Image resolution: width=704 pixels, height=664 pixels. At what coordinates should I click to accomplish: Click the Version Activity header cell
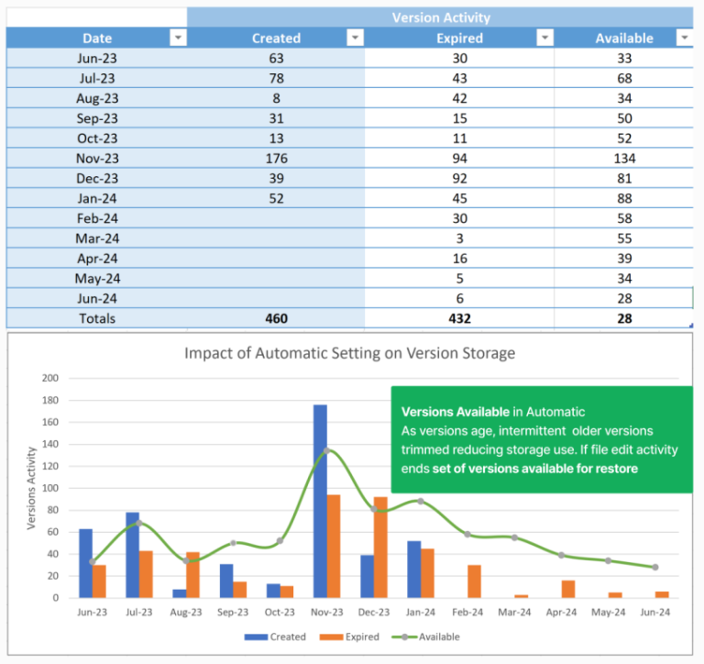pos(440,17)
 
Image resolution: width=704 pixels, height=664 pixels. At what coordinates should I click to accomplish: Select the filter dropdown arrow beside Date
pos(178,38)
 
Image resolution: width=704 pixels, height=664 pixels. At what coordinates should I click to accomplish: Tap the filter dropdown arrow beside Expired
pos(544,38)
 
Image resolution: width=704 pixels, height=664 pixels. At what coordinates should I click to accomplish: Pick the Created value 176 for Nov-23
pos(276,158)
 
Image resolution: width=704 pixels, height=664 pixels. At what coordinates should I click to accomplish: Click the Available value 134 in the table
pos(624,158)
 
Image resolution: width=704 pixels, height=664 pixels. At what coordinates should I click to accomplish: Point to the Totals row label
pos(97,318)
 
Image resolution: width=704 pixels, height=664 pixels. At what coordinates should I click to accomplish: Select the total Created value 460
pos(276,318)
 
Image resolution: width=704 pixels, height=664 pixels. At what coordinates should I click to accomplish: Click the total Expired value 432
pos(460,318)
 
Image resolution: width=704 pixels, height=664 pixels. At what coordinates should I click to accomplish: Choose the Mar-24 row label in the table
pos(97,238)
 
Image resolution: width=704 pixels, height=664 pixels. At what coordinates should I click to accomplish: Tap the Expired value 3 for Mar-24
pos(460,238)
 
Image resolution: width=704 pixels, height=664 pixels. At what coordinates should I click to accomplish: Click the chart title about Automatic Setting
pos(350,353)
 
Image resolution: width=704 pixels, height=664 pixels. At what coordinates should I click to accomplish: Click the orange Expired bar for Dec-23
pos(380,547)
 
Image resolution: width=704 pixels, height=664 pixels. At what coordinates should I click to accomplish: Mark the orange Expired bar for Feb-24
pos(474,581)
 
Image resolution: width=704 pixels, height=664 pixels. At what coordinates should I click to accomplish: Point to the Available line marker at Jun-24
pos(655,567)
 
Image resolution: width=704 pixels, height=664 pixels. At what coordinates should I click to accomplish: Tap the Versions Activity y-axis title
pos(32,488)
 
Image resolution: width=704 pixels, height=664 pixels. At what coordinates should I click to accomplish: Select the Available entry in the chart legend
pos(431,636)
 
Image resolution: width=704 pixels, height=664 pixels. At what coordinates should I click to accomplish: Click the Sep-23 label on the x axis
pos(233,613)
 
